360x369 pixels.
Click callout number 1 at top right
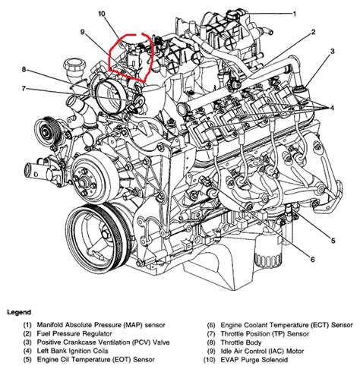click(295, 14)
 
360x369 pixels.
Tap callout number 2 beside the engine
click(313, 33)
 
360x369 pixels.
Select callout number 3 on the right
click(332, 52)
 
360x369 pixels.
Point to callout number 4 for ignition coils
click(332, 109)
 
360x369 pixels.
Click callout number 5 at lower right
click(333, 241)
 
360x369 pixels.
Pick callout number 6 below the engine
click(312, 260)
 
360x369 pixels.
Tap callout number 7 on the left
click(24, 89)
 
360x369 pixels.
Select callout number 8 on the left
click(24, 69)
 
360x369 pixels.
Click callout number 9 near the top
click(83, 33)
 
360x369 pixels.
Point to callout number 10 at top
click(102, 14)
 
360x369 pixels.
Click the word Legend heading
click(19, 312)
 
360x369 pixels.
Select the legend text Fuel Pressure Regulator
click(74, 333)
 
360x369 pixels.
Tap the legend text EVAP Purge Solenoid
click(254, 360)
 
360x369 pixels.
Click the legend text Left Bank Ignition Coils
click(73, 351)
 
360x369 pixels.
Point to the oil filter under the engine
click(268, 254)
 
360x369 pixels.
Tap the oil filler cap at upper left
click(75, 67)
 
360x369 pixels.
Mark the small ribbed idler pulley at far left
click(47, 131)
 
